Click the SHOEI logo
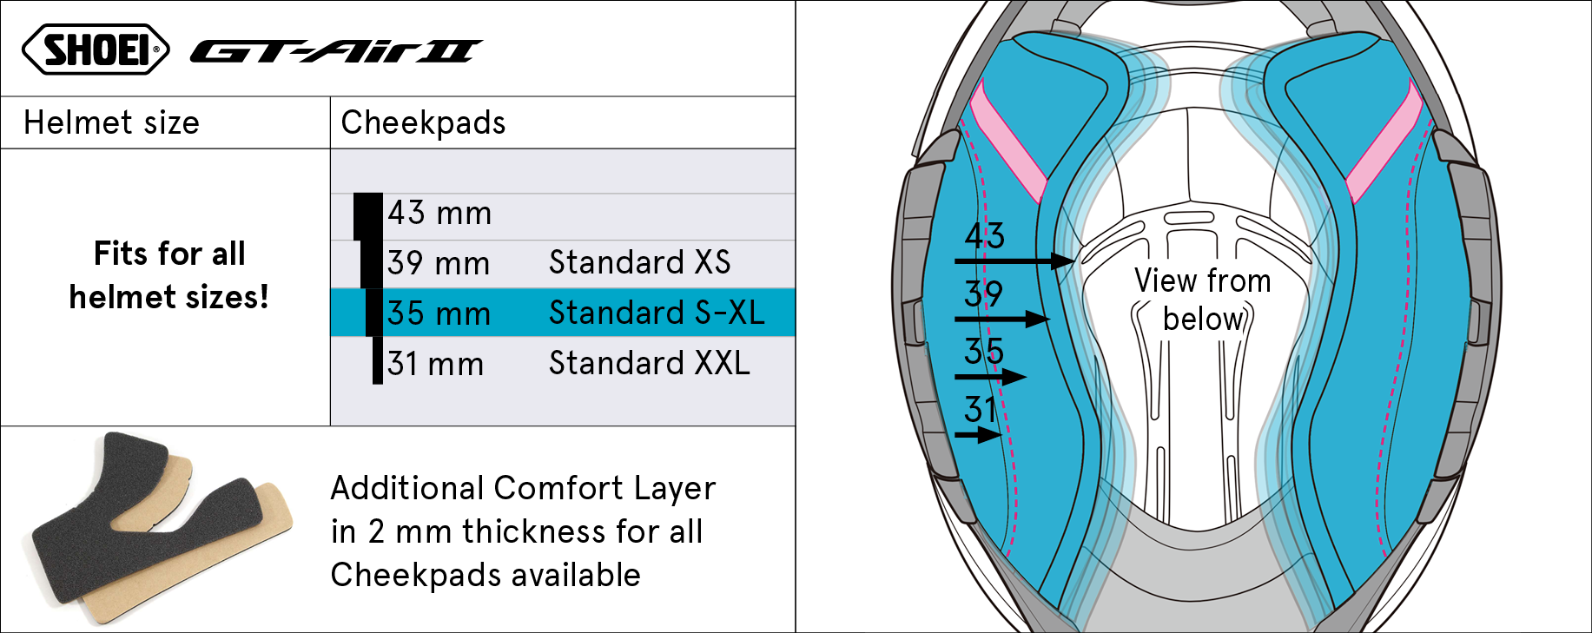pyautogui.click(x=96, y=49)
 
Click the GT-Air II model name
pyautogui.click(x=336, y=52)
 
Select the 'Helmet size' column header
pyautogui.click(x=111, y=123)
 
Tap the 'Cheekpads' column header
pyautogui.click(x=423, y=123)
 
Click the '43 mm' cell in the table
pyautogui.click(x=439, y=213)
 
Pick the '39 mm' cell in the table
pyautogui.click(x=439, y=263)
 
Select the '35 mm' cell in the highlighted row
pyautogui.click(x=439, y=313)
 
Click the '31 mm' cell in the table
pyautogui.click(x=435, y=364)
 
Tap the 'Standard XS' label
pyautogui.click(x=639, y=262)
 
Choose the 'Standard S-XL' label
pyautogui.click(x=657, y=313)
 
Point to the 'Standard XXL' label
pyautogui.click(x=649, y=363)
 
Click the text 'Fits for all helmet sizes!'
pyautogui.click(x=169, y=275)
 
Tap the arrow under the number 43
pyautogui.click(x=1014, y=260)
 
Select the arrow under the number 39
pyautogui.click(x=1002, y=320)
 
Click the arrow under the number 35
pyautogui.click(x=990, y=377)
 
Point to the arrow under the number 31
pyautogui.click(x=978, y=434)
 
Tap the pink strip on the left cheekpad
pyautogui.click(x=1007, y=142)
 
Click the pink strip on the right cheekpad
pyautogui.click(x=1384, y=142)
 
